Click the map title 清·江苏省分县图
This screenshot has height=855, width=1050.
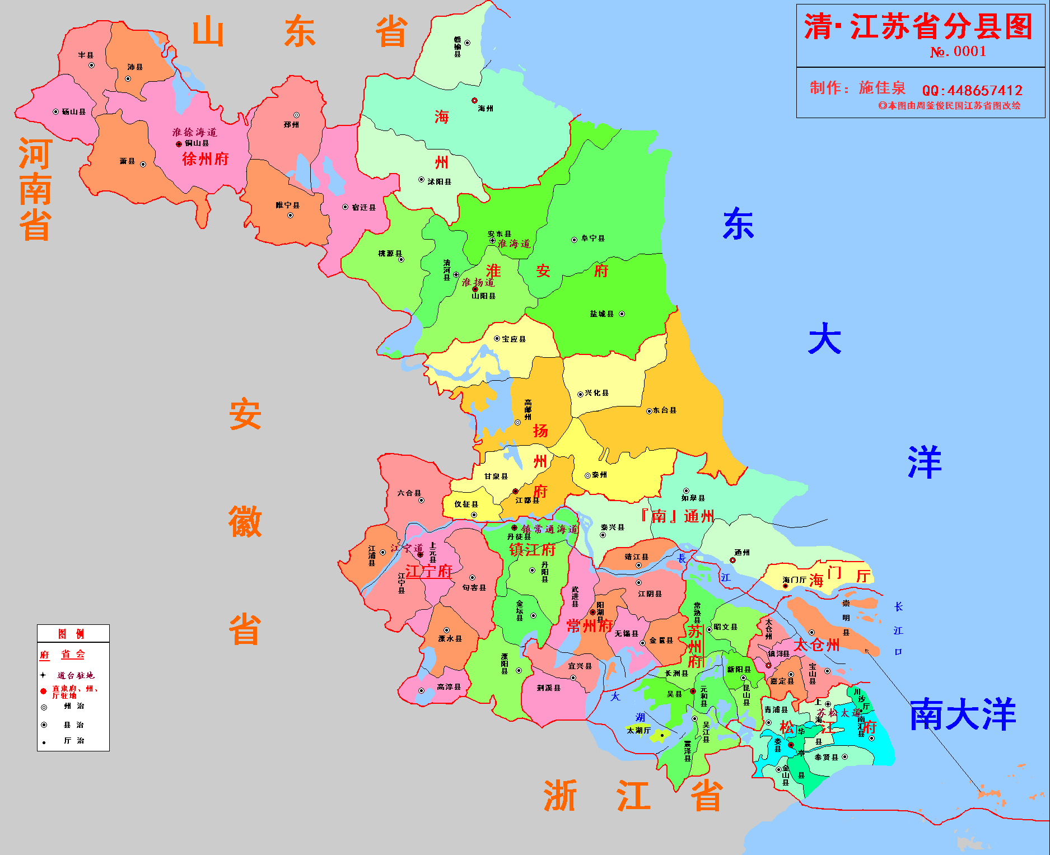coord(918,26)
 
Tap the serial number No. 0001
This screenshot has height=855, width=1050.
coord(958,52)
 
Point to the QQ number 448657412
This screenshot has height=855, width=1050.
coord(972,90)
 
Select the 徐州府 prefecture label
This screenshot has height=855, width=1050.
coord(206,159)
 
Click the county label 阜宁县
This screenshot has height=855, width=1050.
coord(593,239)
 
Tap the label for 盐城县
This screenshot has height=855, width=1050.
coord(602,314)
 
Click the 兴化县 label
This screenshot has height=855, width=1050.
coord(597,393)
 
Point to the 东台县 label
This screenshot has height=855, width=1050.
coord(665,410)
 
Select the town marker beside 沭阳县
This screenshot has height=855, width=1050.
coord(421,180)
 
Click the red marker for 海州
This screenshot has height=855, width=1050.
coord(474,101)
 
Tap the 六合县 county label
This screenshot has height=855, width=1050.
coord(409,493)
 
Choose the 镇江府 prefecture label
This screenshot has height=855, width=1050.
coord(532,550)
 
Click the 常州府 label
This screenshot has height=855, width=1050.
coord(590,626)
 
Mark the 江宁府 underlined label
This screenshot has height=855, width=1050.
coord(428,572)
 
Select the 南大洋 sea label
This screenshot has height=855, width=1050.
coord(963,715)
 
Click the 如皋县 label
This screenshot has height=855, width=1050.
coord(693,498)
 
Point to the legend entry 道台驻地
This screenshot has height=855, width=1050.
coord(76,675)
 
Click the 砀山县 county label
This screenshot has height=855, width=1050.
coord(74,112)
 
